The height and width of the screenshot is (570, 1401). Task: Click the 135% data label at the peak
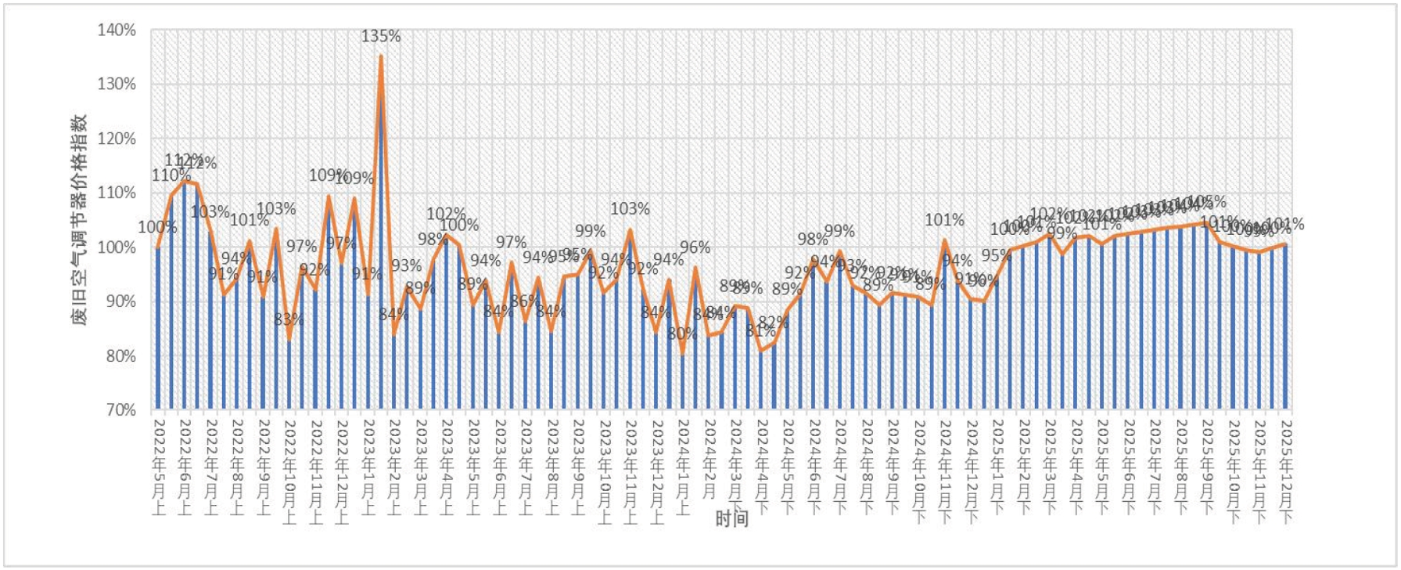coord(381,36)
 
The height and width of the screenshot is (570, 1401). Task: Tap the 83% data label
coord(289,319)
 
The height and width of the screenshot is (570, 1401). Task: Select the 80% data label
coord(682,334)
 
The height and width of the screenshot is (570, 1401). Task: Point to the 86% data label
coord(525,301)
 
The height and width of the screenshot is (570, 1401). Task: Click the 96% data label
coord(695,247)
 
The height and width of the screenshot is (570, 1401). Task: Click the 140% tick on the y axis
coord(117,30)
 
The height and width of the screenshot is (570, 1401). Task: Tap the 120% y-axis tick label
coord(117,139)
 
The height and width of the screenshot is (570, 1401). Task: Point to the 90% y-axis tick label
coord(117,301)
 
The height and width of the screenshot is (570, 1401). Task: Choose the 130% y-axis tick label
coord(117,84)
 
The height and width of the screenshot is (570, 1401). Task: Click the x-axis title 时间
coord(731,518)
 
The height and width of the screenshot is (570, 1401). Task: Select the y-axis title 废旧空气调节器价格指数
coord(81,219)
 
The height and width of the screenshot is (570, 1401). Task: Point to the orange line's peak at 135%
coord(381,56)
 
